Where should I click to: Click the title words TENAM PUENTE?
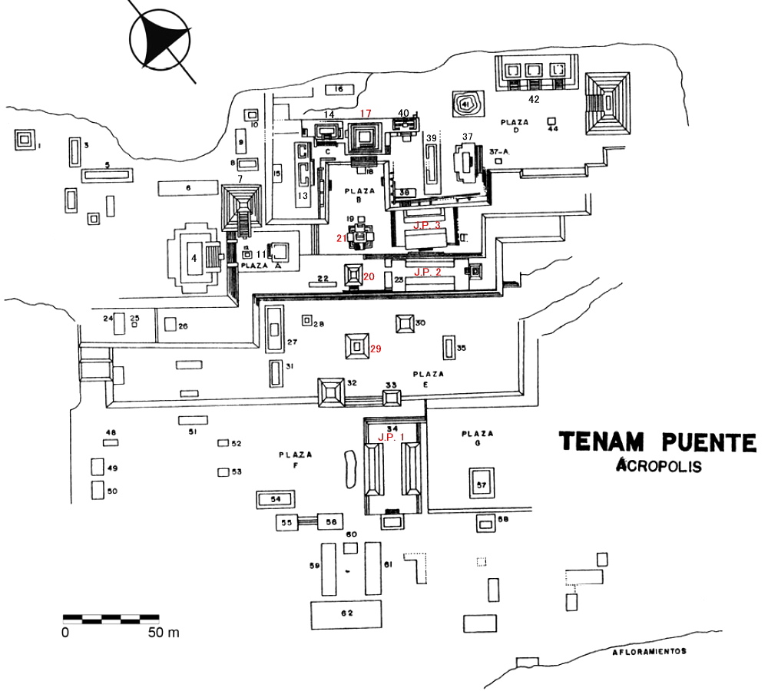657,441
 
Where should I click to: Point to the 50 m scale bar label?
163,633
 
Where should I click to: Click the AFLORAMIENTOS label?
649,651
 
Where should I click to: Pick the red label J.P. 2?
428,272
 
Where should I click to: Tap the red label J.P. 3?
427,225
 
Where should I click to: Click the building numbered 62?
346,613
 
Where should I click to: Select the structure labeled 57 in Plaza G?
482,484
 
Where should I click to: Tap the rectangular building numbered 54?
275,499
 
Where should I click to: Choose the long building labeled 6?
187,187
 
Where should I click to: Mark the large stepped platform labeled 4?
194,258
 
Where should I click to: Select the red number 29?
376,349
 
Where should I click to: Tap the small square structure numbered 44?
551,121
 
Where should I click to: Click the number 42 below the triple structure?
535,98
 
